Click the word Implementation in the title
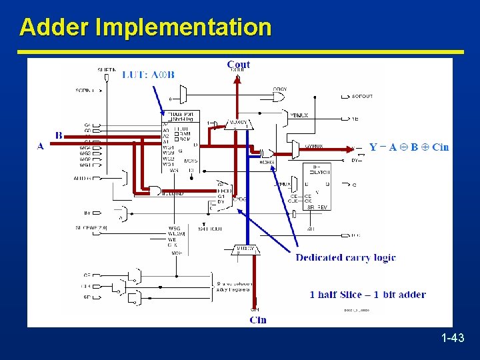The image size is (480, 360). tap(183, 28)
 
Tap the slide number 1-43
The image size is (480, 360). tap(453, 339)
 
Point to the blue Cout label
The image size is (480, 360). tap(239, 64)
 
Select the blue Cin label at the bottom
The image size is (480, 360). tap(258, 319)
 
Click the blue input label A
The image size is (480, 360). tap(41, 146)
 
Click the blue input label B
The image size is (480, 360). tap(59, 135)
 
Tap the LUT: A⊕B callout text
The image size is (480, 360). tap(148, 75)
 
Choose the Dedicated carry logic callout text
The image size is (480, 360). tap(345, 257)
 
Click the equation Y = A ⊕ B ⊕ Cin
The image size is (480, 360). tap(409, 147)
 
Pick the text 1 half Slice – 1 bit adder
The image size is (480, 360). tap(367, 294)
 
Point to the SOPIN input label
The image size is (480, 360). tap(85, 90)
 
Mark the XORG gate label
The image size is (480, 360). tap(267, 161)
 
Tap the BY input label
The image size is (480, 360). tap(87, 213)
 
